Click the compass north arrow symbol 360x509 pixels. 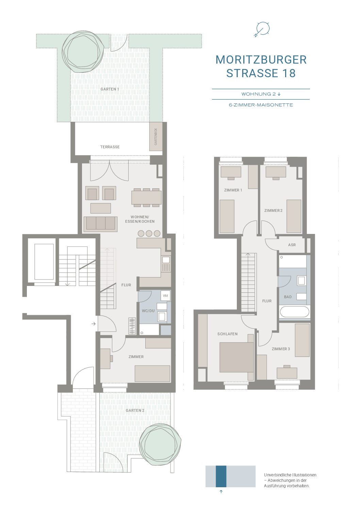(262, 29)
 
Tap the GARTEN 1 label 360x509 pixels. (110, 89)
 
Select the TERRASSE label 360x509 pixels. (110, 147)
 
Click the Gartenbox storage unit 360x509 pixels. (156, 136)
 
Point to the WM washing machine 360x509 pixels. (165, 295)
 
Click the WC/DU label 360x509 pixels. (148, 311)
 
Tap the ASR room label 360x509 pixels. (292, 245)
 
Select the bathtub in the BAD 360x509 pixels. (295, 312)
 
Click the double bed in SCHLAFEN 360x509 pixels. (236, 357)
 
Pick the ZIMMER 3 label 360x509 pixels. (281, 349)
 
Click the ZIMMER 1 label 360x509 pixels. (233, 190)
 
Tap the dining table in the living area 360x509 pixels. (146, 198)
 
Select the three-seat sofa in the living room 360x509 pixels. (100, 224)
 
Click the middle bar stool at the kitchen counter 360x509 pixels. (149, 233)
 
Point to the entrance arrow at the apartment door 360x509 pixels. (94, 324)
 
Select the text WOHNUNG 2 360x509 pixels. (258, 94)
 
